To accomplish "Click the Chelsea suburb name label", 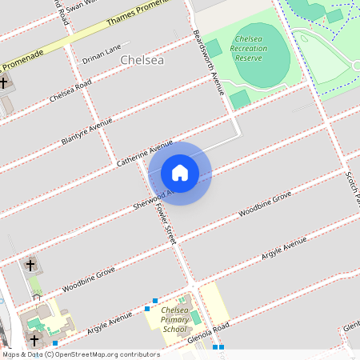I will (x=142, y=60).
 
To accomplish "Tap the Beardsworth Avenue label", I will (x=206, y=63).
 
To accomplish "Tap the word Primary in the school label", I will (x=174, y=319).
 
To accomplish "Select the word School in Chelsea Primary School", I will (x=174, y=329).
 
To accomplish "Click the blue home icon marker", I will (x=180, y=173).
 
